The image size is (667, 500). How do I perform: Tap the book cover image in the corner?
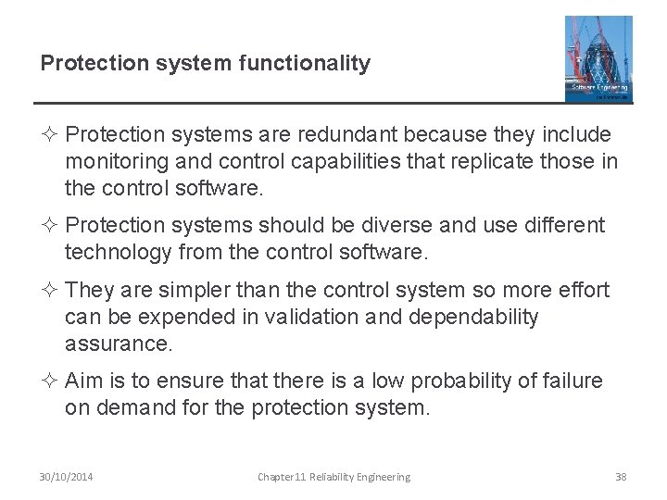click(x=598, y=58)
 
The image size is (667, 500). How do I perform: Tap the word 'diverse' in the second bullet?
click(x=413, y=225)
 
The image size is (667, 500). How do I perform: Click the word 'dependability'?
click(x=476, y=318)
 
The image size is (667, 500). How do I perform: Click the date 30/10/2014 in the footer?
click(x=67, y=477)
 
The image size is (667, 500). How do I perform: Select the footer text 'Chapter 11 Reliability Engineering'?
click(x=333, y=477)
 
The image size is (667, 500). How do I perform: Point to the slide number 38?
click(x=621, y=477)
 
